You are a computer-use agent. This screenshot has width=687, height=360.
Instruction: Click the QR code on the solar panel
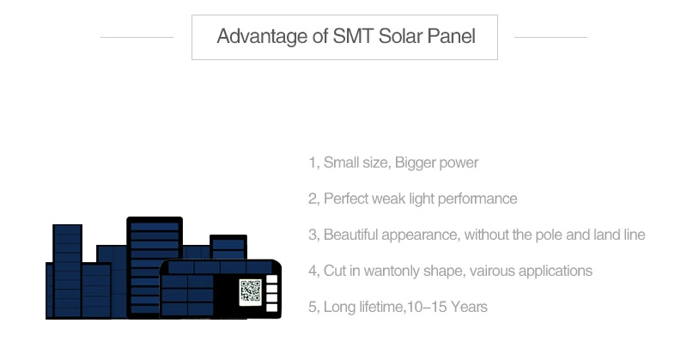251,291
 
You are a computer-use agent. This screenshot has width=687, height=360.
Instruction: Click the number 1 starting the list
313,162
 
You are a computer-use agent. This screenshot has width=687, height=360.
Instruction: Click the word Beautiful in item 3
350,235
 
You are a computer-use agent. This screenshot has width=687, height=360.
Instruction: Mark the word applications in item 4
555,272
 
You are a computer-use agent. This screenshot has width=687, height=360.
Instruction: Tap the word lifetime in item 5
380,307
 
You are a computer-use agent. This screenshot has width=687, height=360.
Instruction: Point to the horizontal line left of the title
137,37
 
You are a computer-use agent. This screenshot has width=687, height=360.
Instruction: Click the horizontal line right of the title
550,37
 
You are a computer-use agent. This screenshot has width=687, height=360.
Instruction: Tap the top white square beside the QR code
271,279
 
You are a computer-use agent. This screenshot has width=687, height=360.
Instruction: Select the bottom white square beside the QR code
271,308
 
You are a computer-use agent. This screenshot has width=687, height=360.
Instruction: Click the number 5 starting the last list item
313,307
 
